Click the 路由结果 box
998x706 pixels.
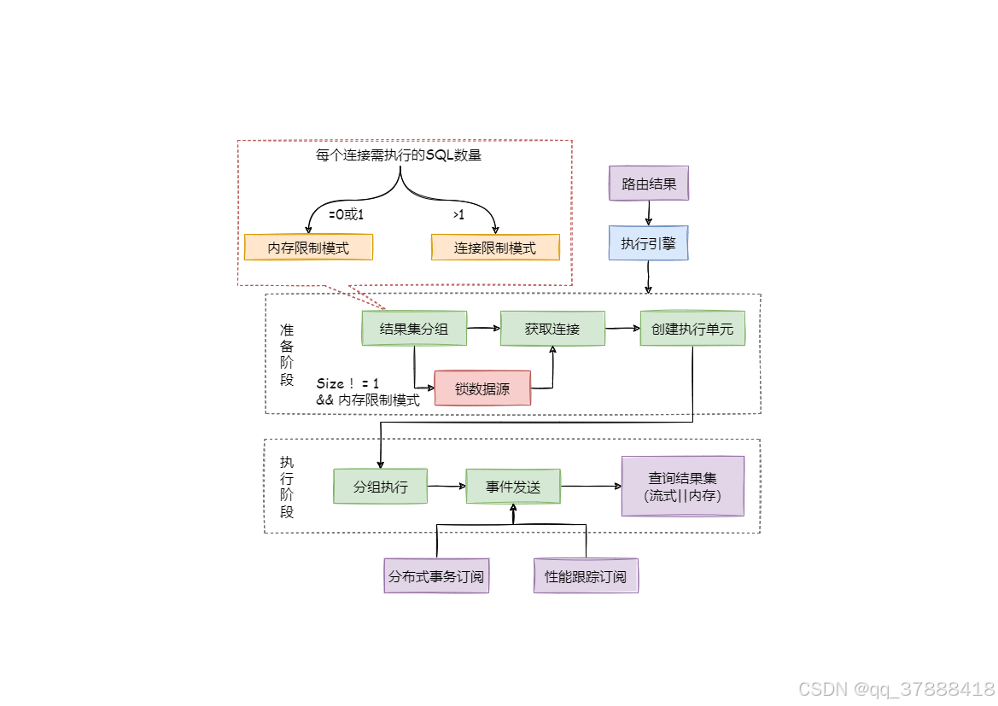[x=649, y=184]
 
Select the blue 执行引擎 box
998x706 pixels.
[x=649, y=243]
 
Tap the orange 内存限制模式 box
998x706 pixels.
[x=308, y=248]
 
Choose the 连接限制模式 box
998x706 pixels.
[x=495, y=248]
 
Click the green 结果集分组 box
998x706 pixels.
[x=414, y=329]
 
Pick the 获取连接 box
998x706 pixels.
[x=552, y=329]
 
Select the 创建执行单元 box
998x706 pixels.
[x=692, y=329]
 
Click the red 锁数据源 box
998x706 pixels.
[x=482, y=388]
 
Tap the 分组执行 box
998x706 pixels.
[x=380, y=487]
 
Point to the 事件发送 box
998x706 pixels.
[x=513, y=487]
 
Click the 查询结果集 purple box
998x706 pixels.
[x=682, y=487]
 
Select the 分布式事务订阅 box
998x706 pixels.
[x=436, y=576]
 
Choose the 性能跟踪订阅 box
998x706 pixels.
[x=586, y=576]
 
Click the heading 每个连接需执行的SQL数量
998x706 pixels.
[x=399, y=156]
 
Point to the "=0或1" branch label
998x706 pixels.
[x=346, y=214]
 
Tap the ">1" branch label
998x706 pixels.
[x=458, y=214]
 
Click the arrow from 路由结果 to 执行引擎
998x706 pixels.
[x=650, y=213]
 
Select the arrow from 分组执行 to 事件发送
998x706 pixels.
[x=446, y=487]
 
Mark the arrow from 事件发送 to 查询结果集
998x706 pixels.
[x=591, y=487]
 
